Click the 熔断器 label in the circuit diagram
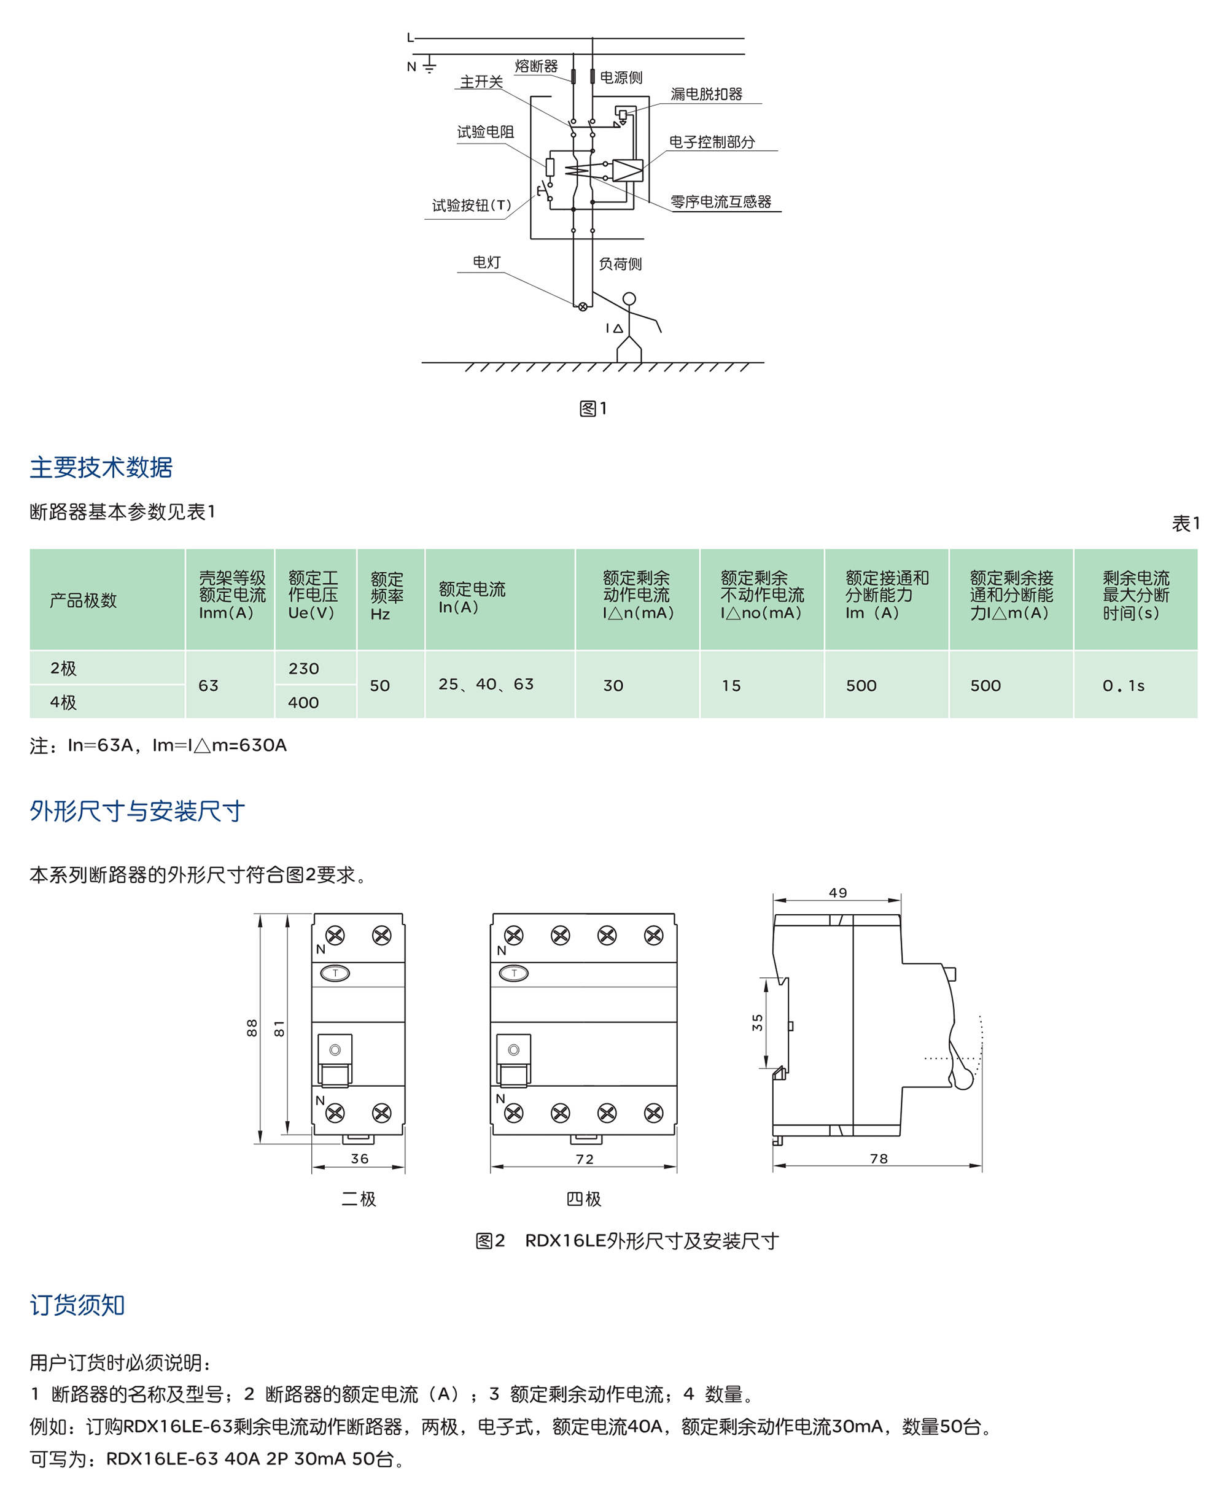(x=536, y=66)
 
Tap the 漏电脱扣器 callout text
(x=706, y=94)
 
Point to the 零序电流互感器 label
(x=720, y=201)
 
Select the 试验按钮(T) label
(x=471, y=205)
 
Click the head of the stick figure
(x=629, y=298)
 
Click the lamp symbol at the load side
(x=583, y=307)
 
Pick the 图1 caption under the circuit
(x=593, y=408)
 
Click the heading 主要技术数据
(x=101, y=467)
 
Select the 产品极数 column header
(x=83, y=600)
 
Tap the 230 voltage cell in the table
(x=303, y=669)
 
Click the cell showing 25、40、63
(x=486, y=684)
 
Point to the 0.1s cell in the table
(x=1123, y=685)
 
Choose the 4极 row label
(x=63, y=702)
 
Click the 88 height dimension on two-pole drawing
(x=252, y=1028)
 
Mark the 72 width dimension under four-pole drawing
(x=585, y=1159)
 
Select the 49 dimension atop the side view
(x=837, y=893)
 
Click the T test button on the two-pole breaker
(x=335, y=973)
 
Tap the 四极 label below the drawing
(x=583, y=1199)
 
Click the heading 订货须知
(x=77, y=1305)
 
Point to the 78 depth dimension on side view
(x=879, y=1159)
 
